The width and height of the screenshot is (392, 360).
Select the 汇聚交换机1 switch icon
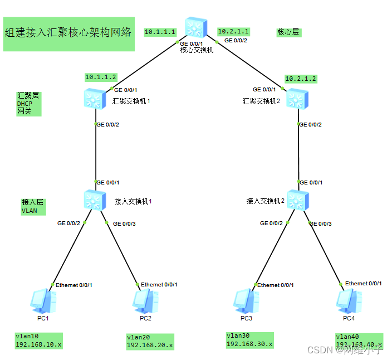(x=93, y=99)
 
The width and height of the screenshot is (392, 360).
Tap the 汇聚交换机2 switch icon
(x=297, y=99)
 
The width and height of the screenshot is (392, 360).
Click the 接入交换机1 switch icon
(x=94, y=200)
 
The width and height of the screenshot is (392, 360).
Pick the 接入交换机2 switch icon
(x=298, y=200)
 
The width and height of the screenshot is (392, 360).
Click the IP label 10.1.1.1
(x=160, y=32)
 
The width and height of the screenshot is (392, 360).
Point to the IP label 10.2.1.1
(x=233, y=31)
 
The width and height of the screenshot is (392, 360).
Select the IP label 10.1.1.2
(x=101, y=76)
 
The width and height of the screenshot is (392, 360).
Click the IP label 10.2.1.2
(x=301, y=79)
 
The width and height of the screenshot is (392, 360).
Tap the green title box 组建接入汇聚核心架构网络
(x=68, y=33)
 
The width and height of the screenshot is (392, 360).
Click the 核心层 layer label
(x=288, y=32)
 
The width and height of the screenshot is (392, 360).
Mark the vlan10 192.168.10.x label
(x=38, y=341)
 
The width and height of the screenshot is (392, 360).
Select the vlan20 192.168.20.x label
(x=150, y=342)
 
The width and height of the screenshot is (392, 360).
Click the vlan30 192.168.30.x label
(x=249, y=340)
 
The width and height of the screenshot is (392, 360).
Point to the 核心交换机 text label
(x=197, y=50)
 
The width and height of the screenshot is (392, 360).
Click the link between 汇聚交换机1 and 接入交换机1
(x=96, y=153)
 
